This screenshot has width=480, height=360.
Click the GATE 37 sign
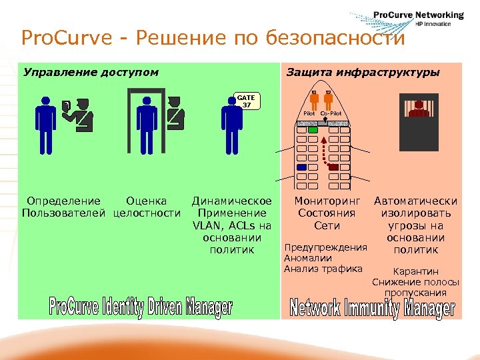tap(247, 101)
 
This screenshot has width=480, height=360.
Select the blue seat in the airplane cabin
tap(301, 167)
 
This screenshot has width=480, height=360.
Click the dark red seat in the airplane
tap(334, 167)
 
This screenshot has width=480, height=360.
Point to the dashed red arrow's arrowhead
tap(324, 139)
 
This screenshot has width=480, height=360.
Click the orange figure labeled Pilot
tap(309, 100)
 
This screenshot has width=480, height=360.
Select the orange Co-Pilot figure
tap(328, 100)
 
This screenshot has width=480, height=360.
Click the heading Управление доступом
tap(91, 72)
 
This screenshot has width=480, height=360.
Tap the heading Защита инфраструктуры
tap(363, 72)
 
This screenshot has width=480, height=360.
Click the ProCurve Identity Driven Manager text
tap(141, 307)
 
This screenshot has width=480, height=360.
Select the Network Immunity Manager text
tap(373, 308)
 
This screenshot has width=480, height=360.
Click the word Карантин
tap(416, 271)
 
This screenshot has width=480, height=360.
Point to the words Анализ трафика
tap(323, 269)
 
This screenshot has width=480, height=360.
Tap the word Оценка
tap(146, 201)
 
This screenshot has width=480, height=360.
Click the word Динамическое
tap(231, 201)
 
